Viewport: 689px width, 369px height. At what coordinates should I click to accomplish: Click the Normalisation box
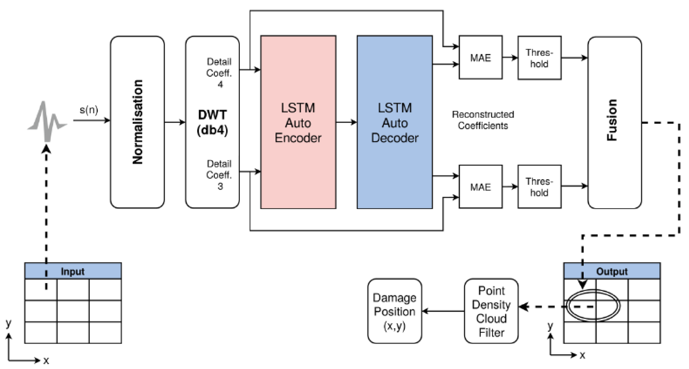pos(137,122)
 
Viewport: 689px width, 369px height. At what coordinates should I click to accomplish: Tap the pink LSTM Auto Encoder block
pos(298,122)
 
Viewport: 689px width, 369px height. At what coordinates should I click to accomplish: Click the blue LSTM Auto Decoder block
pos(395,122)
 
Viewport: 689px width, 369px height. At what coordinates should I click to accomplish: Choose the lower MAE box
pos(481,187)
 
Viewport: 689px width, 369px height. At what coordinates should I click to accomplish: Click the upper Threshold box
pos(539,58)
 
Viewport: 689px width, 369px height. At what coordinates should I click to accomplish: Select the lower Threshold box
pos(539,187)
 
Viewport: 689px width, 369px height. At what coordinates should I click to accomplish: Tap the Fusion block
pos(615,123)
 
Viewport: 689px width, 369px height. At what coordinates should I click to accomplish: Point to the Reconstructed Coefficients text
pos(483,120)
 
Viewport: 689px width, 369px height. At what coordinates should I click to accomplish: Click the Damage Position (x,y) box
pos(395,311)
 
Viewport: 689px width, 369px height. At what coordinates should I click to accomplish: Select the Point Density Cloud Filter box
pos(491,311)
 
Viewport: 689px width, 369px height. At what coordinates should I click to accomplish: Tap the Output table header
pos(612,271)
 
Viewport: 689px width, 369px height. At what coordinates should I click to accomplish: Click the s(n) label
pos(89,110)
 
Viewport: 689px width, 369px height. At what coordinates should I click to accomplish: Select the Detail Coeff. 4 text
pos(219,73)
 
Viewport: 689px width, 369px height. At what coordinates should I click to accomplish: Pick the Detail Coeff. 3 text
pos(219,175)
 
